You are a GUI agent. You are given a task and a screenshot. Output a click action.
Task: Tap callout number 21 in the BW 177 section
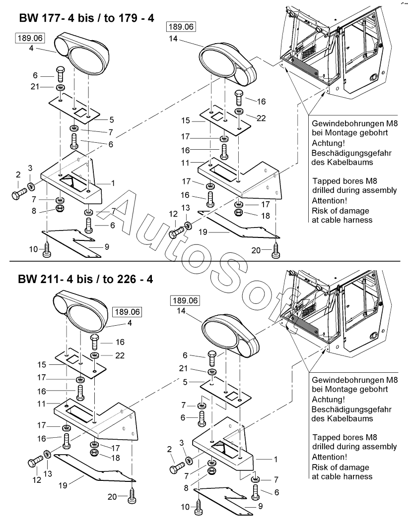(x=35, y=87)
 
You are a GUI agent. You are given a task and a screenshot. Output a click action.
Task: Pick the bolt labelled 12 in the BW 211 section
(x=35, y=463)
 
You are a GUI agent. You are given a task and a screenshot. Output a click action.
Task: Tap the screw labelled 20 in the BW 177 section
(x=276, y=252)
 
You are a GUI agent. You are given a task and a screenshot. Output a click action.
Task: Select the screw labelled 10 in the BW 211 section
(x=199, y=506)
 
